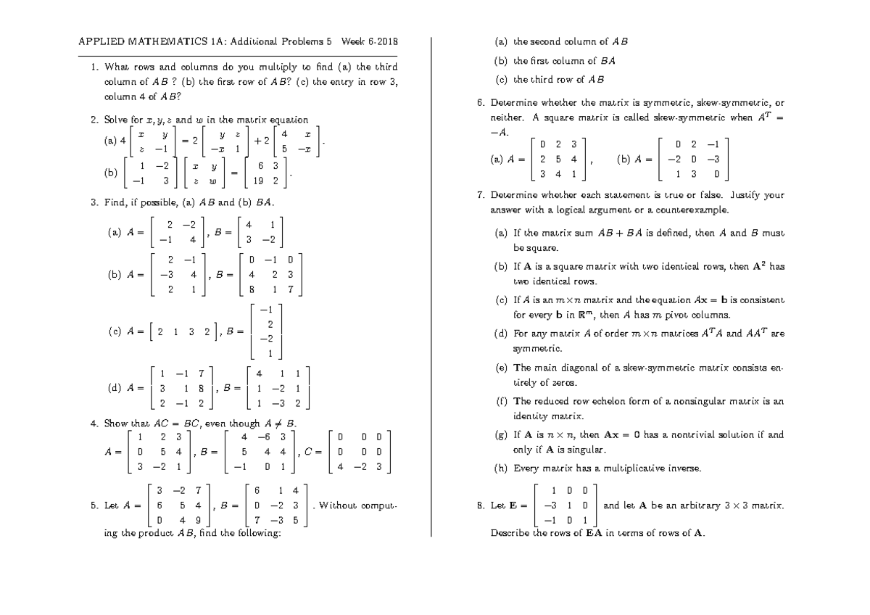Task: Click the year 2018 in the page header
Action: [386, 41]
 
